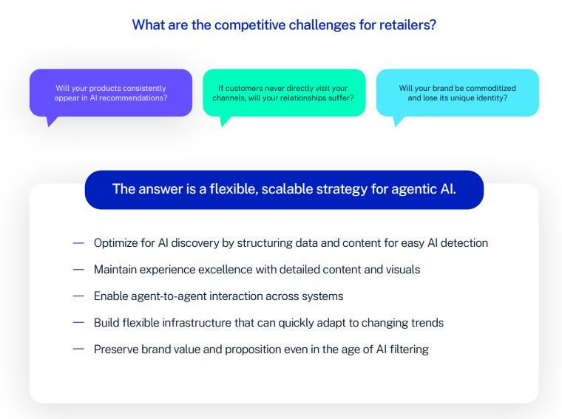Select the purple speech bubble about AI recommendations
point(111,92)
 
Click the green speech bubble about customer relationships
point(284,92)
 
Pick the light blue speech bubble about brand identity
point(457,92)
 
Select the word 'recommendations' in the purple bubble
point(137,98)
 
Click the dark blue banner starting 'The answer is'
point(284,189)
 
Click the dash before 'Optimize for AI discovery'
point(78,242)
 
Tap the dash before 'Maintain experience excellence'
point(78,269)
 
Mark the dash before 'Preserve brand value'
point(78,349)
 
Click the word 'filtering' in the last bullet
point(407,350)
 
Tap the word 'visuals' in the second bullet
point(401,270)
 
